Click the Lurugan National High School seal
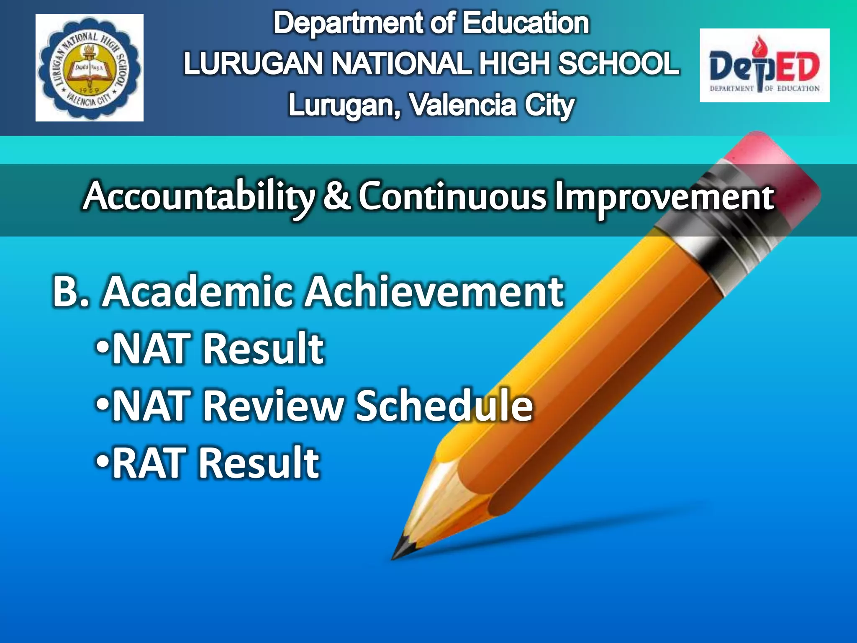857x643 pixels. (89, 68)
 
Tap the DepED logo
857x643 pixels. (764, 65)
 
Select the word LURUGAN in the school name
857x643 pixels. (253, 64)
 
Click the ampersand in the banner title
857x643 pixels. (337, 196)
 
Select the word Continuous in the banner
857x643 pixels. (452, 196)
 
